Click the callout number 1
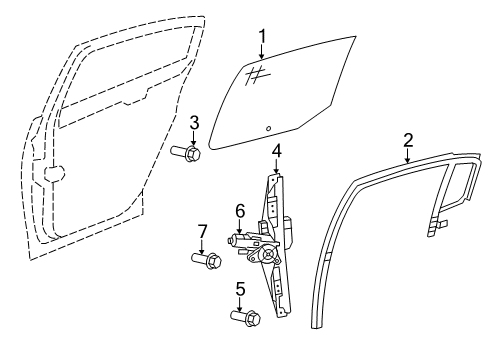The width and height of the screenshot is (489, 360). (x=261, y=37)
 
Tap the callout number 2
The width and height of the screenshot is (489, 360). (x=407, y=139)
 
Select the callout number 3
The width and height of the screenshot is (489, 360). (x=195, y=124)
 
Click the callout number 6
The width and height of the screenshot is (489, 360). (x=240, y=211)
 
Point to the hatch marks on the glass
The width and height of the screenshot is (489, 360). (x=255, y=72)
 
